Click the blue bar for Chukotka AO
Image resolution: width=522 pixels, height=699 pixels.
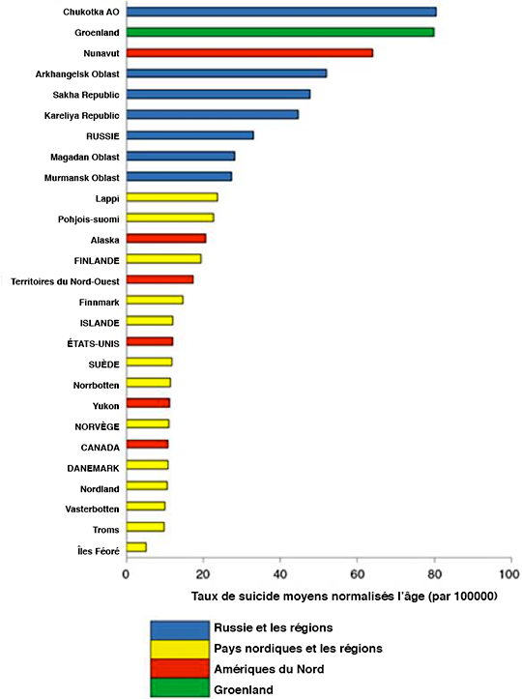(x=281, y=12)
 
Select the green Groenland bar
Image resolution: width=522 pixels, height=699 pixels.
(x=280, y=32)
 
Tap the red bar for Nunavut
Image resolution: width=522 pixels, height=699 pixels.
(x=249, y=53)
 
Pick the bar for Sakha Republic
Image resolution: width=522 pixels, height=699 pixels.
(x=218, y=94)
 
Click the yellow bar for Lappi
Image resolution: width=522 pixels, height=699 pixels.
(x=172, y=197)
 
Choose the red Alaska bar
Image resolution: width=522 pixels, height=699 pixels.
(x=166, y=239)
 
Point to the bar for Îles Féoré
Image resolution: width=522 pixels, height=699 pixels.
(x=136, y=547)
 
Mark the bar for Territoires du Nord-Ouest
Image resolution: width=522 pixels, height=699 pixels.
(x=160, y=279)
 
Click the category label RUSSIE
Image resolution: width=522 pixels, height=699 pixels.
(x=103, y=136)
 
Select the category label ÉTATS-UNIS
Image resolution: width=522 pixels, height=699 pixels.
(x=93, y=344)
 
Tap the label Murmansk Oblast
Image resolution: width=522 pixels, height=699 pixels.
(x=82, y=178)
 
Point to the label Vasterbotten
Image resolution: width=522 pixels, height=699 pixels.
(x=92, y=510)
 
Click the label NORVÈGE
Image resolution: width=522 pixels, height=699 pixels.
(x=98, y=426)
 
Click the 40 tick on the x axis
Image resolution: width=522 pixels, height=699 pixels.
(x=280, y=557)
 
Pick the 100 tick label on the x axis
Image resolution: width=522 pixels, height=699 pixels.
(x=509, y=574)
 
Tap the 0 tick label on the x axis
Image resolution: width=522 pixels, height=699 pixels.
(x=127, y=574)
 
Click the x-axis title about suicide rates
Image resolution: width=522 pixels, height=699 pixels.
(x=344, y=597)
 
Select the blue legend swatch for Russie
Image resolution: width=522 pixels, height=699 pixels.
(x=180, y=630)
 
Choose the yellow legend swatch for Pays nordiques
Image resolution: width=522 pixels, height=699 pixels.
(x=180, y=650)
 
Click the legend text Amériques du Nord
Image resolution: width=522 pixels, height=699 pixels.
(x=269, y=669)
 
